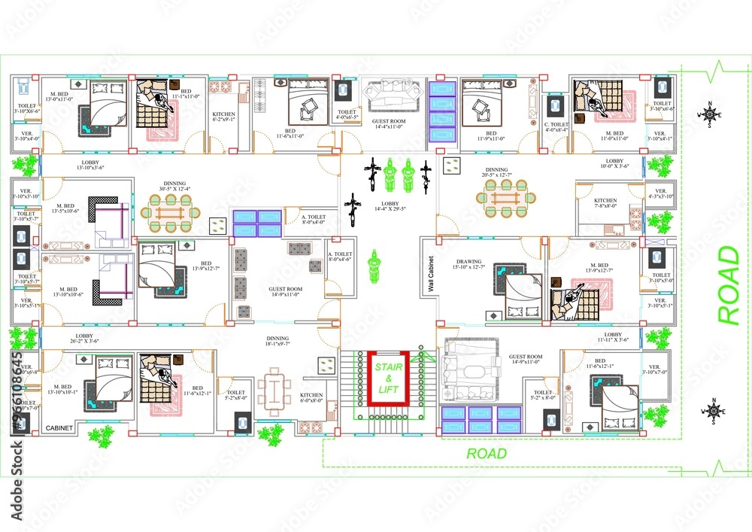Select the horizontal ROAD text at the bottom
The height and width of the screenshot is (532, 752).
tap(487, 454)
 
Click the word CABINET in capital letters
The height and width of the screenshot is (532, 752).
tap(59, 428)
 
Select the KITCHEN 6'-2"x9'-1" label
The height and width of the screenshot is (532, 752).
tap(224, 117)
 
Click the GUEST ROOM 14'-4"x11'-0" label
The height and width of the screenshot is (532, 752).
tap(389, 125)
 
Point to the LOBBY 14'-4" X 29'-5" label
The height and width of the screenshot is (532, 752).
tap(389, 205)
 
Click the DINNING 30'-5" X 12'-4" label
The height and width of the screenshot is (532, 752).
tap(174, 187)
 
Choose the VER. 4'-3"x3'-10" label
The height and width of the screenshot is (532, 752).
tap(660, 194)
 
